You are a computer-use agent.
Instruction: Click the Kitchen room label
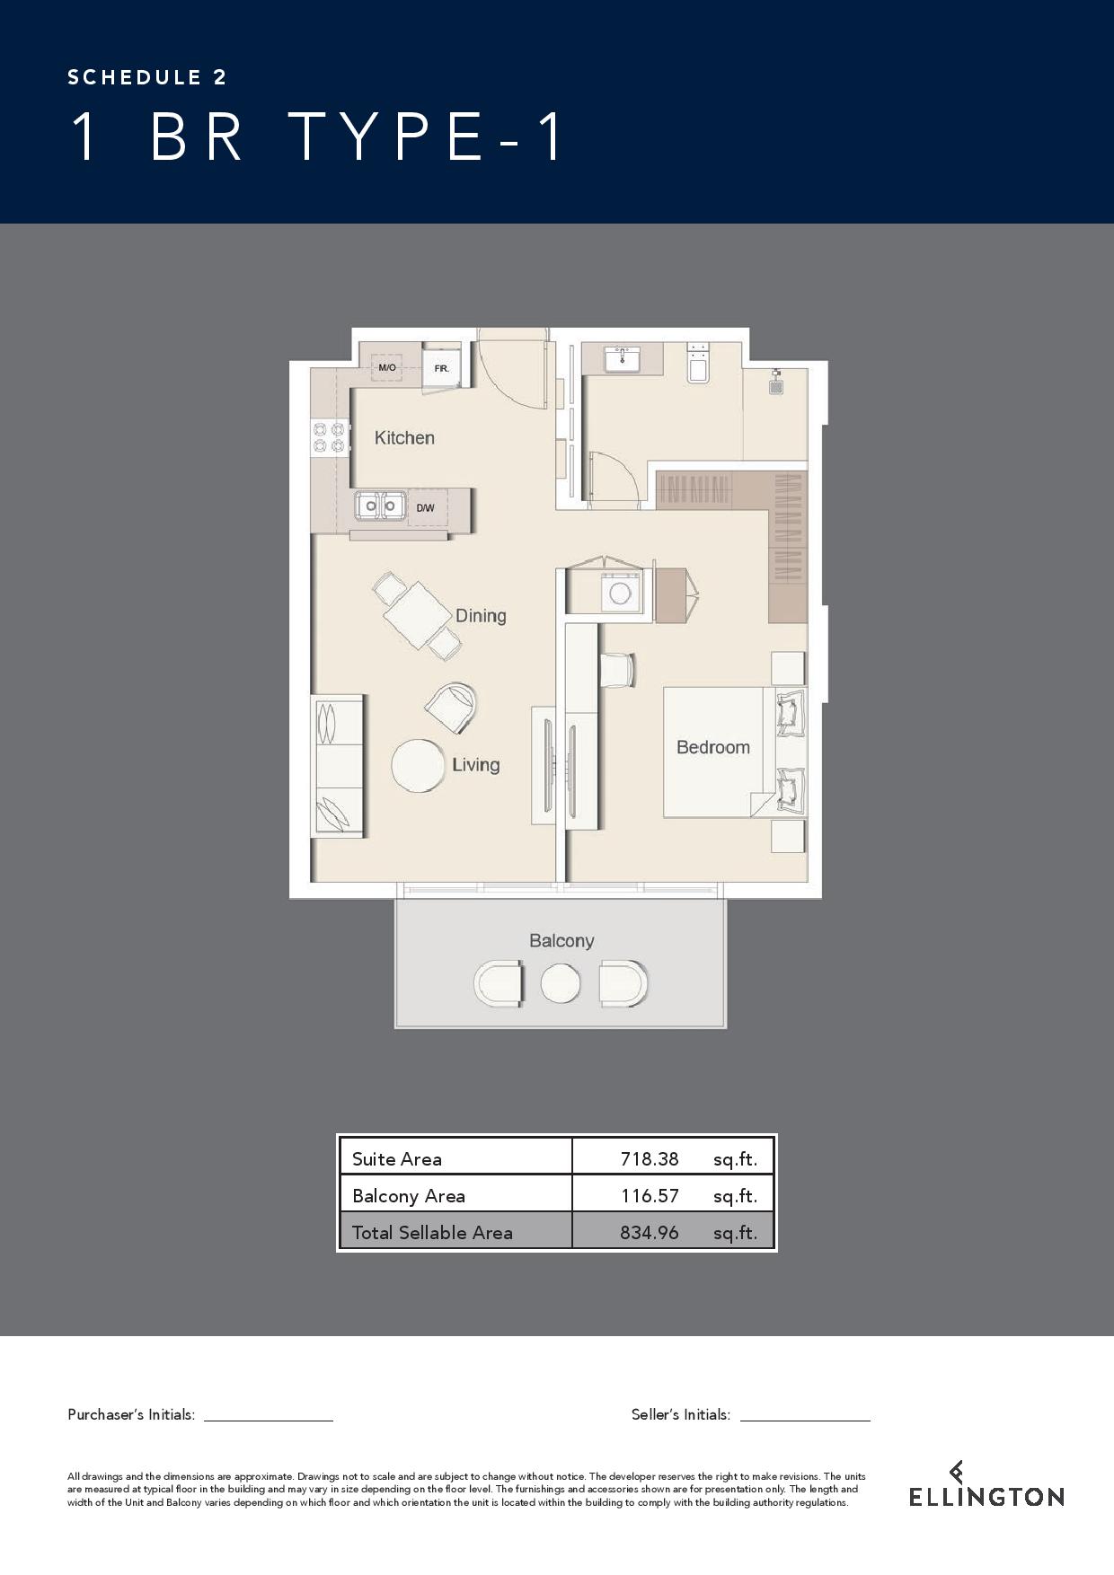coord(404,438)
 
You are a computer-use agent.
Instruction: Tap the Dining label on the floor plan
coord(481,616)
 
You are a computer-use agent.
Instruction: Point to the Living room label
coord(475,765)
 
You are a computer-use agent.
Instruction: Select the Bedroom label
coord(713,747)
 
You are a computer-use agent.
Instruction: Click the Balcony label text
coord(561,941)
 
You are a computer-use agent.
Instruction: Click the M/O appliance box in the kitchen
coord(387,368)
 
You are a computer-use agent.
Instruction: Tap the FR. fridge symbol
coord(442,367)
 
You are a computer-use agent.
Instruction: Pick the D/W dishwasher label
coord(425,508)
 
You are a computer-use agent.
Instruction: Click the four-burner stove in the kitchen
coord(329,437)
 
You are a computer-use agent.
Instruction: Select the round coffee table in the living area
coord(420,766)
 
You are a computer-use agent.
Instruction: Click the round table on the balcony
coord(561,983)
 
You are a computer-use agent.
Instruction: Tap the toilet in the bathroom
coord(698,363)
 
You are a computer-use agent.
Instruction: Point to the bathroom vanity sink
coord(622,359)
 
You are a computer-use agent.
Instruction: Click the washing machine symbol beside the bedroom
coord(620,593)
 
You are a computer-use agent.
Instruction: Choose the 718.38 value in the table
coord(650,1159)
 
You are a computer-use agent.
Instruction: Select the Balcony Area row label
coord(409,1196)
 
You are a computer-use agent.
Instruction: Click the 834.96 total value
coord(650,1233)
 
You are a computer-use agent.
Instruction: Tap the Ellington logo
coord(986,1483)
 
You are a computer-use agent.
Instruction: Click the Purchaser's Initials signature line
coord(269,1421)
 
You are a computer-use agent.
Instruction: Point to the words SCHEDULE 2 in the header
coord(147,77)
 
